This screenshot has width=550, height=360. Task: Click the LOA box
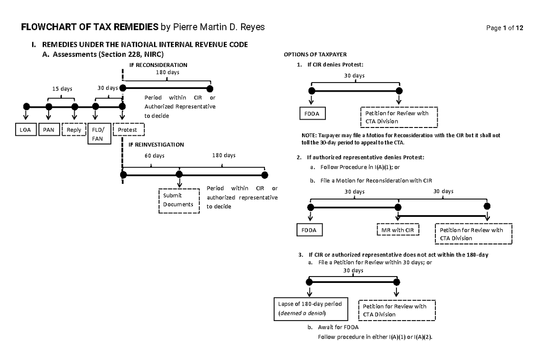pos(25,130)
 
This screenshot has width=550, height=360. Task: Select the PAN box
pos(49,130)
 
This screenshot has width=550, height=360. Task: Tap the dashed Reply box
pos(74,130)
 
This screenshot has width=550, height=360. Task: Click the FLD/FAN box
pos(99,134)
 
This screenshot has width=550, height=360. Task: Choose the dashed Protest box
pos(129,130)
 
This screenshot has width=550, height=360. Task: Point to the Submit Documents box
pos(179,200)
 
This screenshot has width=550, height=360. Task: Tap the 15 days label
pos(61,89)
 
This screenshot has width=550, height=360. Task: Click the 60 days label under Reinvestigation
pos(154,155)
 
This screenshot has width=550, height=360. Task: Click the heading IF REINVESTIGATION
pos(156,144)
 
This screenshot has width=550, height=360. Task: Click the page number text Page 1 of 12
pos(505,28)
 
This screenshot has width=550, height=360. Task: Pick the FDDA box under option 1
pos(313,113)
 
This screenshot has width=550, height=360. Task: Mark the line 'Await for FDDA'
pos(338,328)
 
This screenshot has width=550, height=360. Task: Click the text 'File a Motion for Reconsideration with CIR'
pos(376,181)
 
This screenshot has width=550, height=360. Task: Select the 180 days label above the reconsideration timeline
pos(167,72)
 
